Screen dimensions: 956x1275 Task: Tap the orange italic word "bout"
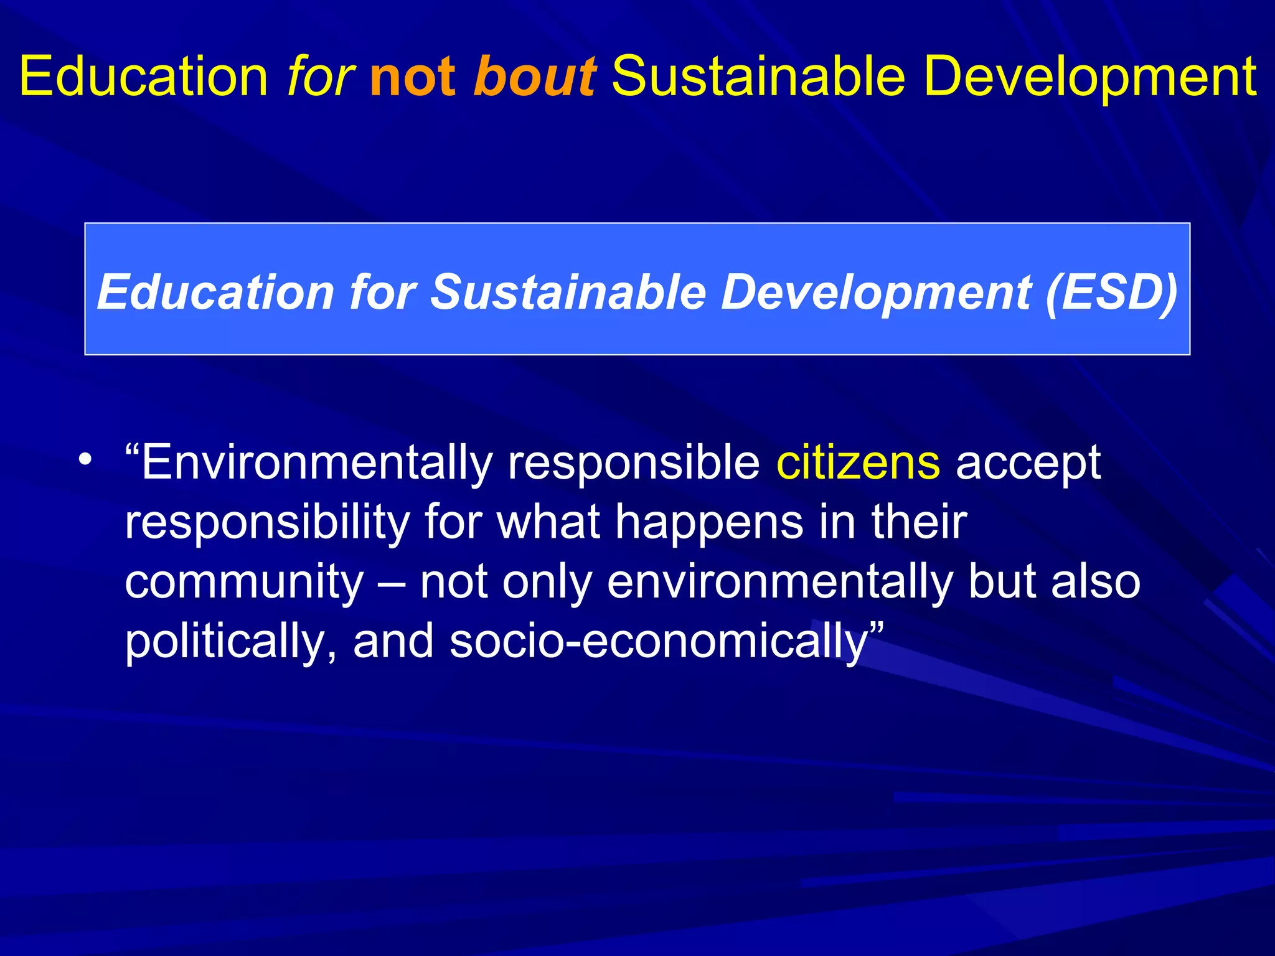(534, 77)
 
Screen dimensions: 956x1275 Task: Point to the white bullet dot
(85, 461)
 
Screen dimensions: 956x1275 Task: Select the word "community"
(244, 583)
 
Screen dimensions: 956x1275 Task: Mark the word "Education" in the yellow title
(143, 77)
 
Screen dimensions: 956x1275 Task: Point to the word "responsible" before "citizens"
(633, 464)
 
